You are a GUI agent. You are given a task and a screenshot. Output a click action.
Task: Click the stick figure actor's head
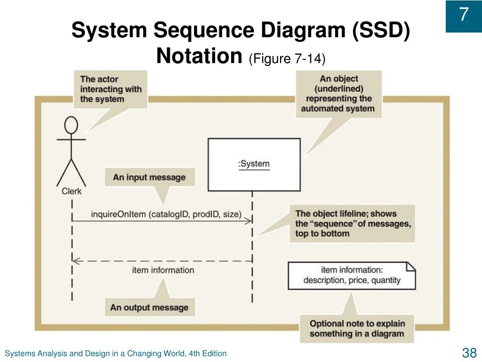[x=71, y=126]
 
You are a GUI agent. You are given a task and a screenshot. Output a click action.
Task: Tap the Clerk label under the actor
[x=72, y=191]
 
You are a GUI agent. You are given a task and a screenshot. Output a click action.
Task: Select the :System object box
[x=254, y=165]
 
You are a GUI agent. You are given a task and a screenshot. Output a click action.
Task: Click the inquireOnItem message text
[x=166, y=214]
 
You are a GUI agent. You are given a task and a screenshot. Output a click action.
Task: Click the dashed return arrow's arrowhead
[x=75, y=260]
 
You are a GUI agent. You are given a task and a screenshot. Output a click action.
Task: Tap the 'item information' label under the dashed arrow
[x=163, y=270]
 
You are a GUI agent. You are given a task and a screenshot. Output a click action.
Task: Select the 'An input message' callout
[x=149, y=178]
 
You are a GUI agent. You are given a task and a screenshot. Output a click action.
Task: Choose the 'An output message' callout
[x=149, y=308]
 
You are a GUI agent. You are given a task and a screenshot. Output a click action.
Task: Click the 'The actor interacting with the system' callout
[x=111, y=89]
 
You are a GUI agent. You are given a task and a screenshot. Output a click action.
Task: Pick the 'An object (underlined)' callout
[x=338, y=94]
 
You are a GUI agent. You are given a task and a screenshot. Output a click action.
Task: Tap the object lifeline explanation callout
[x=353, y=223]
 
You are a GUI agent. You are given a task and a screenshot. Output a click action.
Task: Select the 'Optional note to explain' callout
[x=357, y=329]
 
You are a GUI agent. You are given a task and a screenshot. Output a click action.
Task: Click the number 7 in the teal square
[x=464, y=15]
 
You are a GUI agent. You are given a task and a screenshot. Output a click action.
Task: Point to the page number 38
[x=469, y=353]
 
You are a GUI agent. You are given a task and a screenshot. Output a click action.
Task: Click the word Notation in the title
[x=199, y=57]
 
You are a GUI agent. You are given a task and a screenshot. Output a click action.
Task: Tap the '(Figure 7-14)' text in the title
[x=287, y=58]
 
